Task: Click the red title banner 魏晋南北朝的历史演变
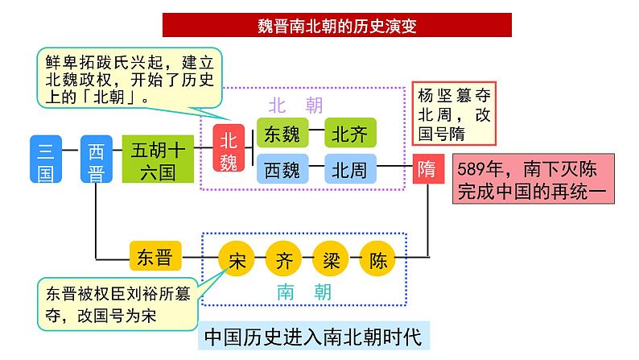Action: [336, 25]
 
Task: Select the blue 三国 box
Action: [46, 159]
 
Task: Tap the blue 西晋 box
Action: [96, 159]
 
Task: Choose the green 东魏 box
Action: [282, 131]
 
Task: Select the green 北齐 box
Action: [349, 131]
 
